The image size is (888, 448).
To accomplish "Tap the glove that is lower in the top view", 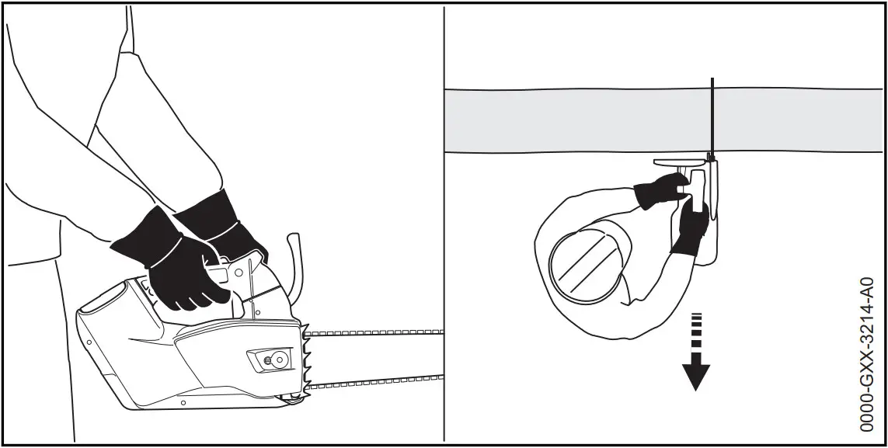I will coord(688,227).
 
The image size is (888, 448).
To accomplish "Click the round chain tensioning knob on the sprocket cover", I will coord(269,360).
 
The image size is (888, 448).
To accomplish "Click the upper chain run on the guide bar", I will coord(373,332).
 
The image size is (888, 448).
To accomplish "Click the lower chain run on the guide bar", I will coord(373,382).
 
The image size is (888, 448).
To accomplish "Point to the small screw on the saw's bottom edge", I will coord(182,403).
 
